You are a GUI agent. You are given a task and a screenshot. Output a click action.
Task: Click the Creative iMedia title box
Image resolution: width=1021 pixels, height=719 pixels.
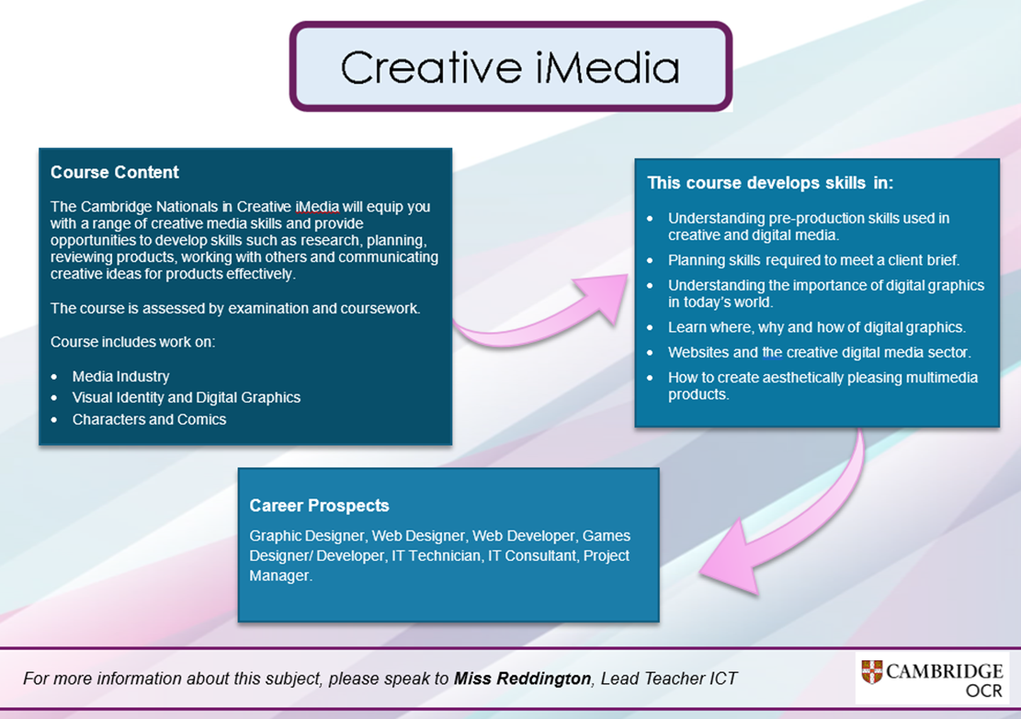tap(511, 66)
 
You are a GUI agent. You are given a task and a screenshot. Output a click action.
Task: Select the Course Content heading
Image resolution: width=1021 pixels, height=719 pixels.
tap(115, 172)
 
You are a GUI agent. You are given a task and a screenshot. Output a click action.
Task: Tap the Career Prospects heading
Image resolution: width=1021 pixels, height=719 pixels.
tap(319, 506)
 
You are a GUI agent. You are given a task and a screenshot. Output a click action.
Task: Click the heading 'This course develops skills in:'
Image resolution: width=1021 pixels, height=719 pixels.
tap(770, 182)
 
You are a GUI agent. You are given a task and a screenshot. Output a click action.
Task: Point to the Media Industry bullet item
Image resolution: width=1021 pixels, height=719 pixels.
tap(120, 376)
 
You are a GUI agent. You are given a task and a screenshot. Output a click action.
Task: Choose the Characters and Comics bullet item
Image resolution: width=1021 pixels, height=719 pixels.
tap(149, 419)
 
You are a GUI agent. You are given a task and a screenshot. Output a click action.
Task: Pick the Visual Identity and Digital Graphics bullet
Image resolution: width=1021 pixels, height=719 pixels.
tap(187, 397)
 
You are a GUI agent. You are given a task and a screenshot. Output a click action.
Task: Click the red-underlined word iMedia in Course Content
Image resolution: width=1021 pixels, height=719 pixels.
tap(317, 207)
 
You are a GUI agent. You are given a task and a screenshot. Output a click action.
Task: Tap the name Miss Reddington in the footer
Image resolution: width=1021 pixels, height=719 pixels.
tap(522, 679)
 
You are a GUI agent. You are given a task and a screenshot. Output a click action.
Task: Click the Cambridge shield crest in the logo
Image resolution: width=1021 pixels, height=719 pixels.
tap(872, 671)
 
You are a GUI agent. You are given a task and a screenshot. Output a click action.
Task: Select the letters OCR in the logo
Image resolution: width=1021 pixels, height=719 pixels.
tap(984, 690)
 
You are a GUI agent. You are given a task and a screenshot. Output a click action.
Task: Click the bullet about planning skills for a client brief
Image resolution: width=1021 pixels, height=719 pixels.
tap(813, 260)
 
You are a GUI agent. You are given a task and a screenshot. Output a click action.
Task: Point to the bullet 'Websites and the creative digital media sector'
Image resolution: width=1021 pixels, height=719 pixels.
tap(819, 352)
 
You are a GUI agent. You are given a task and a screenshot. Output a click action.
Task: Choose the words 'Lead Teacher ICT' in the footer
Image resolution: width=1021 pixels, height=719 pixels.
tap(669, 679)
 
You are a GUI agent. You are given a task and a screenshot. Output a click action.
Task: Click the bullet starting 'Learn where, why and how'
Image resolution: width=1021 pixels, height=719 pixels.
tap(817, 327)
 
